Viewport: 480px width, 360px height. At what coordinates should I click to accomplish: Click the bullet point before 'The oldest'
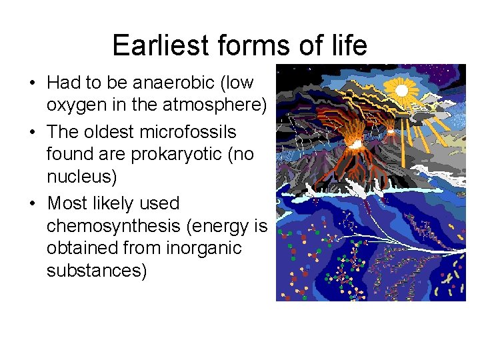pyautogui.click(x=31, y=132)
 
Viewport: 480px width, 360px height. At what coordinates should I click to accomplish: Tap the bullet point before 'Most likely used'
pyautogui.click(x=31, y=203)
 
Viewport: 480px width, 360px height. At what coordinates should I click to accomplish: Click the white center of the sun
pyautogui.click(x=402, y=89)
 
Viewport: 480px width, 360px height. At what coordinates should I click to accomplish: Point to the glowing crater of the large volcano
pyautogui.click(x=357, y=143)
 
